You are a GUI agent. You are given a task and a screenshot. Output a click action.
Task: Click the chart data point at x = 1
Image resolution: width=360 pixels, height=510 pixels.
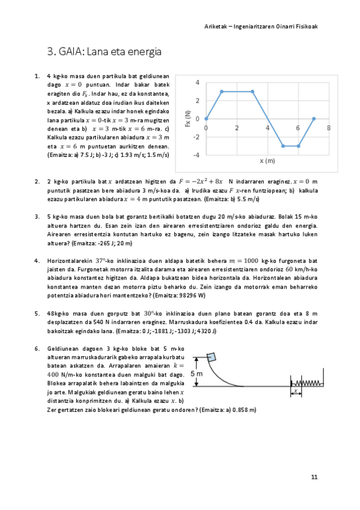(x=222, y=91)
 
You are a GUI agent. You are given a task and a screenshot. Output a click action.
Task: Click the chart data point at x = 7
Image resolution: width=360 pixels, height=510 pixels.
(x=314, y=118)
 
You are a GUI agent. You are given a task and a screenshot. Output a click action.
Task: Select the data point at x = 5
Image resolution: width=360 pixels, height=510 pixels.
(x=283, y=146)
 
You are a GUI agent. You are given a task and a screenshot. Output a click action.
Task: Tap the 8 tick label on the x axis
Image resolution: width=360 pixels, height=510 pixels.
(x=329, y=127)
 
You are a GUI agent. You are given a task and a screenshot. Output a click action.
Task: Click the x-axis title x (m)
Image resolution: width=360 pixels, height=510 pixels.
(x=267, y=161)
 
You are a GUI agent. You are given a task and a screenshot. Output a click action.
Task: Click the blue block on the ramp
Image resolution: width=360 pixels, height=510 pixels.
(x=210, y=360)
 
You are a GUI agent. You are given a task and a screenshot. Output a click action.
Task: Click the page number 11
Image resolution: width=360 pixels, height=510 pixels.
(x=314, y=478)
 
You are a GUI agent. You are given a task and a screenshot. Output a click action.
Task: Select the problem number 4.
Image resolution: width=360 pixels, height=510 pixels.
(x=37, y=260)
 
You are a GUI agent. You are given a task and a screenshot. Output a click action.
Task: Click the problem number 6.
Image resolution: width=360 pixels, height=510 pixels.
(x=37, y=348)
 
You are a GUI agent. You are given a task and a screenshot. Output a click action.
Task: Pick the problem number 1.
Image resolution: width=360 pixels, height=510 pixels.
(x=37, y=76)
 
